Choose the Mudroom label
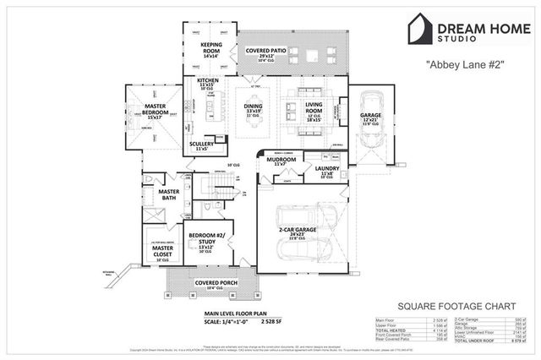pos(281,159)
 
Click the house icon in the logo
pos(419,28)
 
